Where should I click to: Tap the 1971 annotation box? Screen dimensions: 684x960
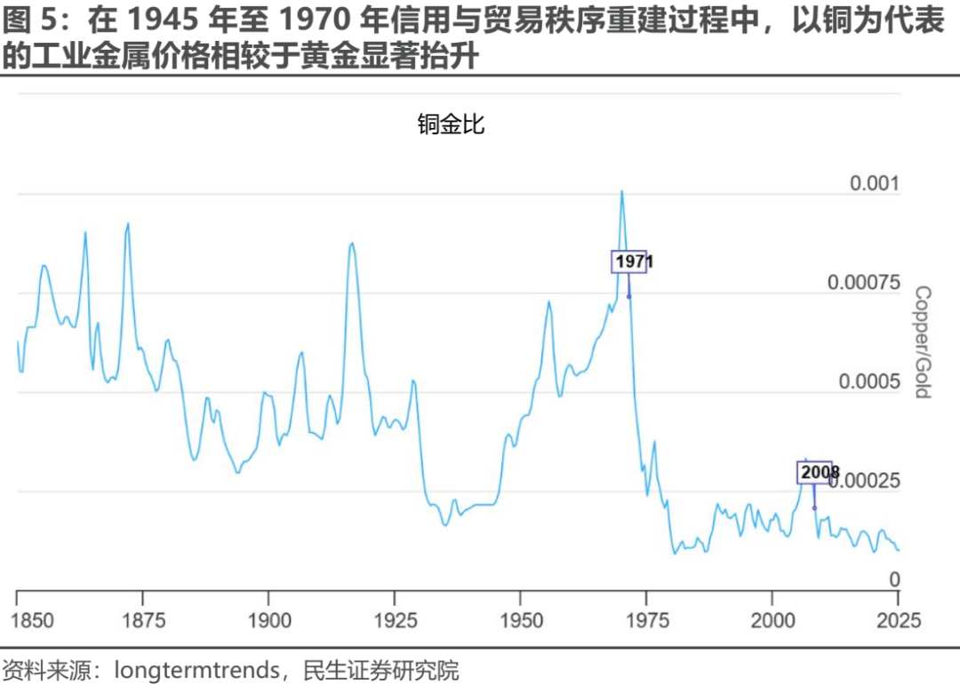629,262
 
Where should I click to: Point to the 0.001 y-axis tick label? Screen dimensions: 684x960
876,184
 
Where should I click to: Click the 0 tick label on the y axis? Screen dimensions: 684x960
896,580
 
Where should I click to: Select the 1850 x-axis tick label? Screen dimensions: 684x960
18,620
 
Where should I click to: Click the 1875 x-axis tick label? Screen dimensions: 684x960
143,620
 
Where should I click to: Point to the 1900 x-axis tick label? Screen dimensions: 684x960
269,620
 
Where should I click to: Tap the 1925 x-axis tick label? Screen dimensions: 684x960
395,620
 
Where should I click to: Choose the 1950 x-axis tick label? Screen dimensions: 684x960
521,620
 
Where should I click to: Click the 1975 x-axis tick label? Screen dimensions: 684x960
646,620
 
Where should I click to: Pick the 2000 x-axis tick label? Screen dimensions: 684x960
772,620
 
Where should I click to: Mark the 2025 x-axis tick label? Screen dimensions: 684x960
898,620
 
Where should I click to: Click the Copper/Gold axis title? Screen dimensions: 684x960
922,342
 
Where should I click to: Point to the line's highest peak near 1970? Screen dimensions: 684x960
621,191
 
